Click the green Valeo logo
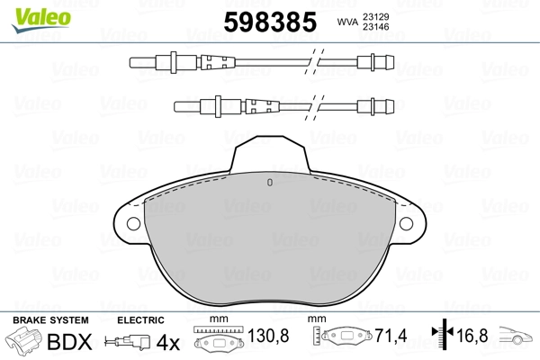coord(41,19)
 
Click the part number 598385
coord(270,22)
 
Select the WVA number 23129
coord(375,17)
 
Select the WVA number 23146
coord(375,27)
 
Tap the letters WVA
coord(347,22)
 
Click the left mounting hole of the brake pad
coord(133,223)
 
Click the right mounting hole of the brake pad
coord(406,223)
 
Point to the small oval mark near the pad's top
coord(270,183)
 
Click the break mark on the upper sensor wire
coord(314,62)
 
